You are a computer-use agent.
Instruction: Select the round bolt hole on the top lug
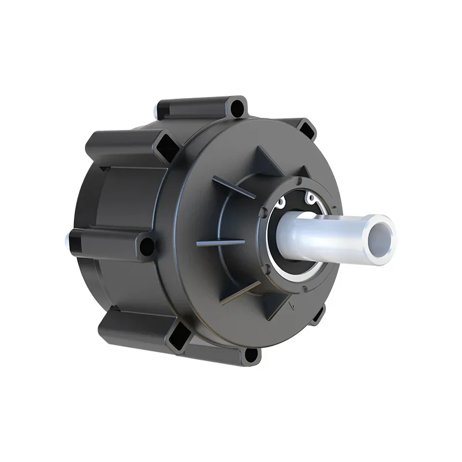pyautogui.click(x=237, y=107)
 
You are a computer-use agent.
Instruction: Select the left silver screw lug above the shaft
pyautogui.click(x=281, y=203)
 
